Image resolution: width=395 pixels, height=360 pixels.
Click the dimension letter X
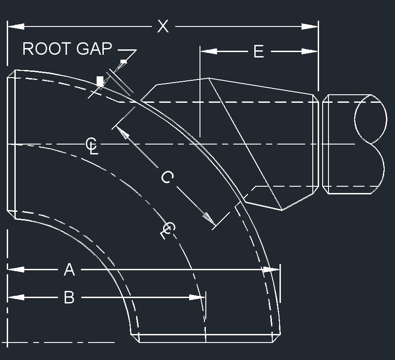(163, 26)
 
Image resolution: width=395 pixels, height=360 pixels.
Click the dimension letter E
(259, 52)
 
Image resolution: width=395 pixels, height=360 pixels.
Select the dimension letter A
(69, 270)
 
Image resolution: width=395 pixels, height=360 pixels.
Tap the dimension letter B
(69, 297)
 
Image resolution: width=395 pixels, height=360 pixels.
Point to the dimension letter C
(167, 177)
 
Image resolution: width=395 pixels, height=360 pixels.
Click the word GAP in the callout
(94, 48)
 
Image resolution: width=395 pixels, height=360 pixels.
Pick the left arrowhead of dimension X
(16, 26)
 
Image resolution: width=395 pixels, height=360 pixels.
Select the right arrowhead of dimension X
(310, 26)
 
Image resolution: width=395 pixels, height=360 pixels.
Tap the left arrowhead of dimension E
(209, 52)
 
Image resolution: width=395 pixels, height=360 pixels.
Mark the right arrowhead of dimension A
(271, 270)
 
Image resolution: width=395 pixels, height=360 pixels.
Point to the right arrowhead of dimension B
(197, 297)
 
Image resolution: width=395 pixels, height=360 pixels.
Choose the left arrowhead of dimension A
(16, 270)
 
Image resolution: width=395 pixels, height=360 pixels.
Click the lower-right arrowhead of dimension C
(209, 219)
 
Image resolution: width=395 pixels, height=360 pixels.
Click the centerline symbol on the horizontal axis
(91, 145)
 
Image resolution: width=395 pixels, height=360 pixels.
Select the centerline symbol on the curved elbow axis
(168, 230)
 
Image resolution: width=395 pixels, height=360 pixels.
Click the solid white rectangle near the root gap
(100, 81)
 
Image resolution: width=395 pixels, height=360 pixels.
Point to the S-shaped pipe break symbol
(370, 144)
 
